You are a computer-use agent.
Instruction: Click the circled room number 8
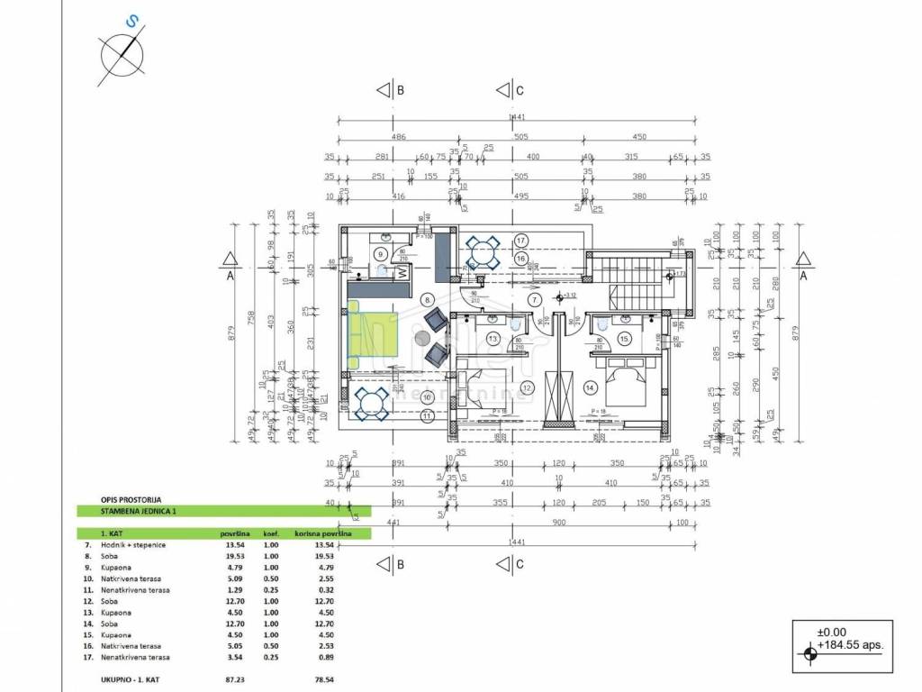pyautogui.click(x=428, y=300)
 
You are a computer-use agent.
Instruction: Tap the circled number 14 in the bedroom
pyautogui.click(x=591, y=387)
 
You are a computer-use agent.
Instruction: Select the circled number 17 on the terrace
pyautogui.click(x=520, y=240)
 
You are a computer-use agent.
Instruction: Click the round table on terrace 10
pyautogui.click(x=371, y=404)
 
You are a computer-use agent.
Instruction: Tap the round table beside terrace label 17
pyautogui.click(x=483, y=251)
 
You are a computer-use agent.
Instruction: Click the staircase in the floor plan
pyautogui.click(x=637, y=283)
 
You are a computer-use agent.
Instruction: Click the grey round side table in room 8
pyautogui.click(x=421, y=338)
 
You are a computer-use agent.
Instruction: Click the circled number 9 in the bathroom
pyautogui.click(x=381, y=253)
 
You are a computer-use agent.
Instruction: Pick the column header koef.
pyautogui.click(x=270, y=533)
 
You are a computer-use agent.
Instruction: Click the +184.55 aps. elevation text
pyautogui.click(x=850, y=645)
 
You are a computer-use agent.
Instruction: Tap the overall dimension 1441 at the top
pyautogui.click(x=517, y=118)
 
